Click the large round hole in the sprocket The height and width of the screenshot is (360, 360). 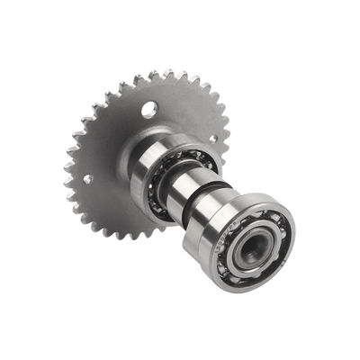coord(149,109)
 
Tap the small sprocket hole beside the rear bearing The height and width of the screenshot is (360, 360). coord(212,139)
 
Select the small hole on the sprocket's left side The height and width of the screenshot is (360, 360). coord(87,178)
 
